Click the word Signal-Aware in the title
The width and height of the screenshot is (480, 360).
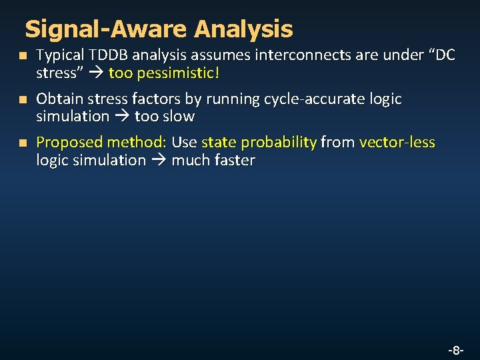click(107, 29)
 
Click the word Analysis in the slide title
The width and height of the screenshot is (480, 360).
click(243, 29)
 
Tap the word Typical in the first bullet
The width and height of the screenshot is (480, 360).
click(60, 55)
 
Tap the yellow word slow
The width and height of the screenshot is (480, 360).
click(179, 117)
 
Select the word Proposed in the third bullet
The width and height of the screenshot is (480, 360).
click(69, 142)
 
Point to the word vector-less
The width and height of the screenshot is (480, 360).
click(397, 142)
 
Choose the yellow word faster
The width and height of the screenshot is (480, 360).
click(233, 160)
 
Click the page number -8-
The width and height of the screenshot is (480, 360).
click(455, 349)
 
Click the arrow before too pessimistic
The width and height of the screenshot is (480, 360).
click(95, 73)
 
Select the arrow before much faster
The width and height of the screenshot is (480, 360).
click(159, 160)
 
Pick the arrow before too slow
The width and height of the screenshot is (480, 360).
click(122, 117)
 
